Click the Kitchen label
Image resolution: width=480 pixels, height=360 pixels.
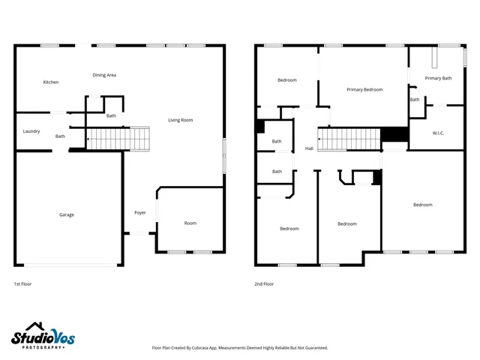(50, 82)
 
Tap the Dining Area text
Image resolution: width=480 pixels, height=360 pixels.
(104, 75)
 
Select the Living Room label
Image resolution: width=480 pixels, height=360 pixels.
(180, 120)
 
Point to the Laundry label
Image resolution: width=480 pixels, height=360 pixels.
(31, 131)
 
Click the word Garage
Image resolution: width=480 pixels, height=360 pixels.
(67, 214)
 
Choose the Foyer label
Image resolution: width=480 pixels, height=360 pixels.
(140, 213)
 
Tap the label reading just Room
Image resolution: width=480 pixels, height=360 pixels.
(190, 223)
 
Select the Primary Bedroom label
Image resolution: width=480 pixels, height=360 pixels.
(364, 89)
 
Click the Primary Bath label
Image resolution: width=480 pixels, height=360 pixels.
(438, 78)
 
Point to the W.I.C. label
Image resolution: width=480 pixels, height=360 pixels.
(439, 133)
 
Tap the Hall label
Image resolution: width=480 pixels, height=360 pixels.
(309, 148)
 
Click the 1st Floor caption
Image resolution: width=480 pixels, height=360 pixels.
(22, 284)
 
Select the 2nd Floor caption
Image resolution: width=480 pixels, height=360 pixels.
(264, 284)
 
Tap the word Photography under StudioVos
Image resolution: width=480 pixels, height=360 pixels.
(43, 347)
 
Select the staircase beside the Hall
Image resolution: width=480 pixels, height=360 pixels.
(349, 139)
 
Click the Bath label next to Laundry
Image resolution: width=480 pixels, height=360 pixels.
(60, 136)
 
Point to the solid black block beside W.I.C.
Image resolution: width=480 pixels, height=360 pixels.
(394, 135)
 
